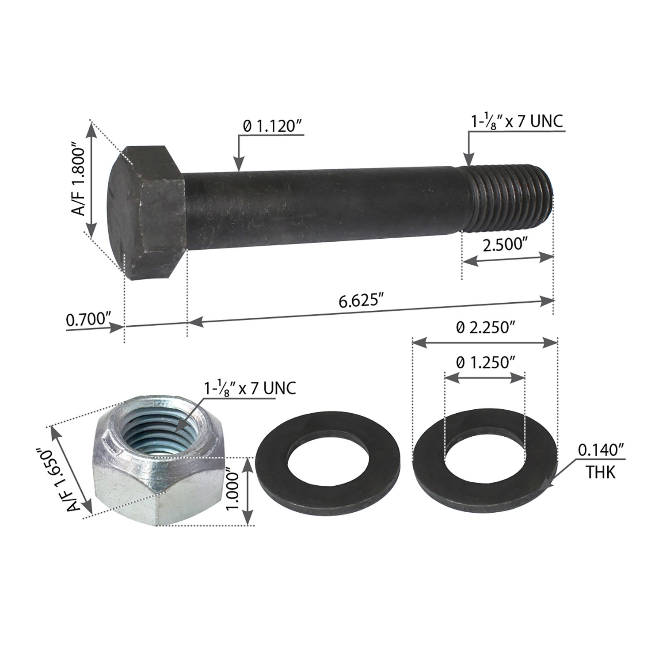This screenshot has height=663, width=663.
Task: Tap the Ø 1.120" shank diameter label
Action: tap(272, 127)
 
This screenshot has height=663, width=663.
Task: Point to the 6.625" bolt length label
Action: tap(360, 301)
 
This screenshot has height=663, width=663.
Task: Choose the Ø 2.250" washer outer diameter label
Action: tap(486, 328)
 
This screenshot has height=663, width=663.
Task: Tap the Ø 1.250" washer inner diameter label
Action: tap(485, 363)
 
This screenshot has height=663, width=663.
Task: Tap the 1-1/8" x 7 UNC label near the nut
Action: tap(250, 388)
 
